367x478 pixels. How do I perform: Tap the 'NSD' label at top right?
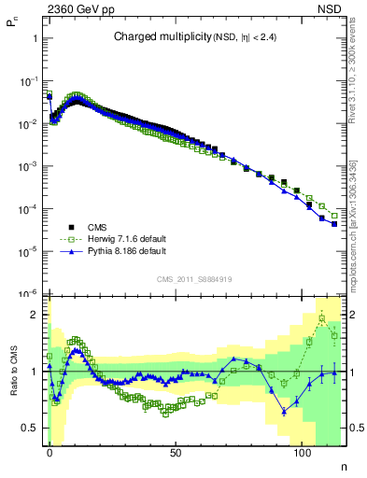[x=332, y=9]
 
